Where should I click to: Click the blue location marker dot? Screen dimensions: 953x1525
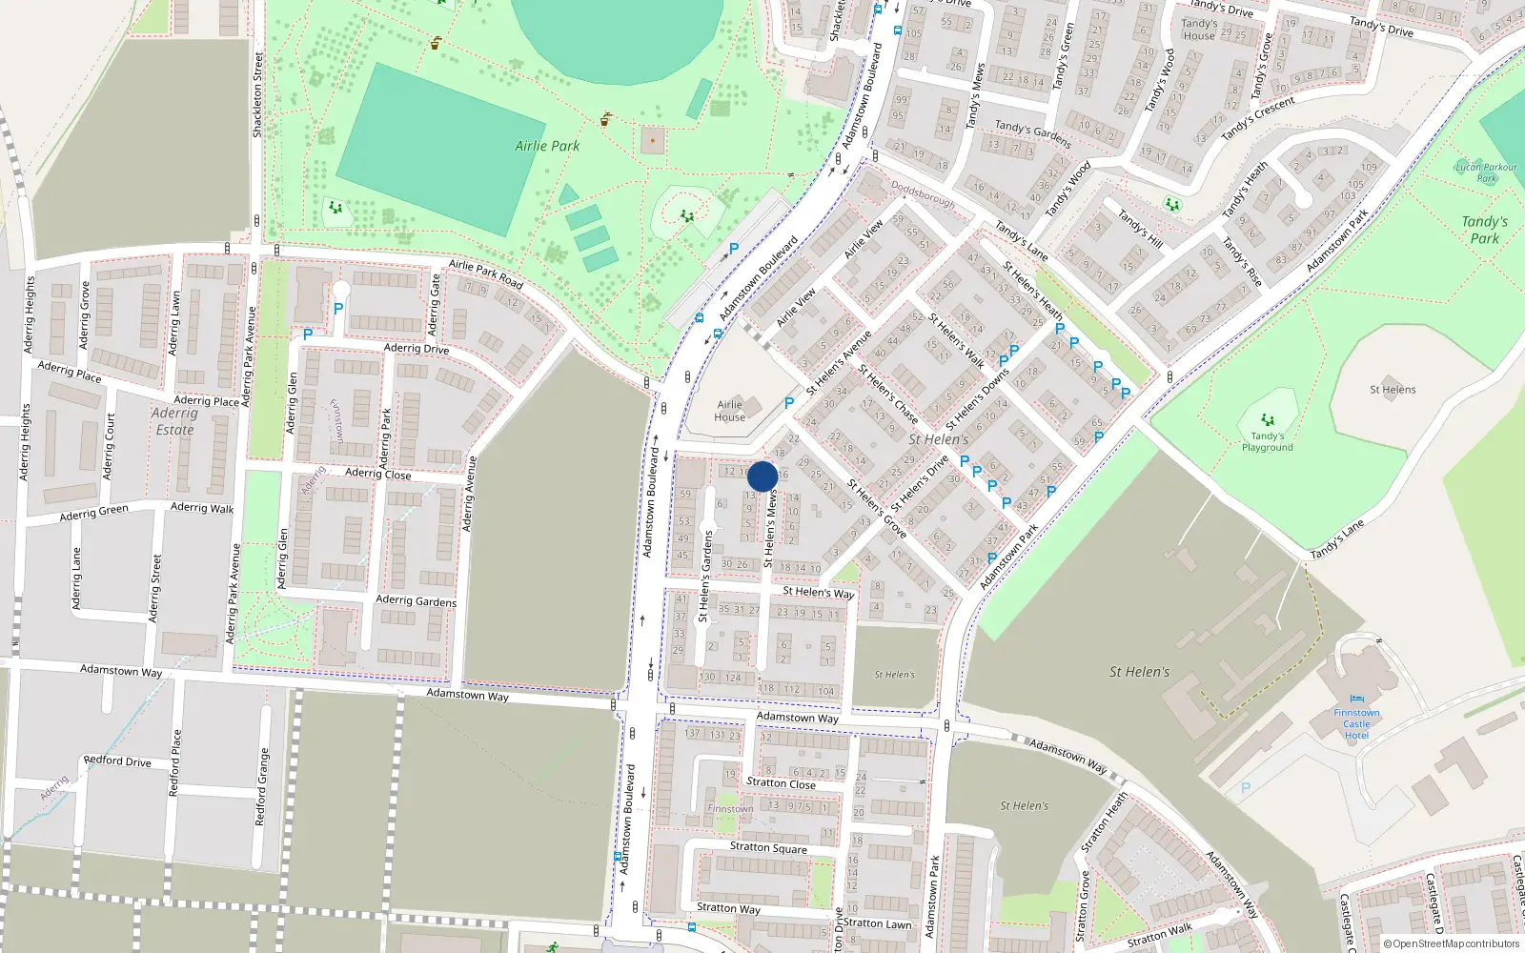coord(762,476)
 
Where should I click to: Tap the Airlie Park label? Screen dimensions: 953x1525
coord(547,146)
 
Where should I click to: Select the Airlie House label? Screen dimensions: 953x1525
coord(730,411)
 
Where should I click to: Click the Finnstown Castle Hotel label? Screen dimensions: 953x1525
coord(1356,724)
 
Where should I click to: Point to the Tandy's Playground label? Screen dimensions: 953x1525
coord(1267,441)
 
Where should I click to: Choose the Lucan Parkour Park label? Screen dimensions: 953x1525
coord(1487,172)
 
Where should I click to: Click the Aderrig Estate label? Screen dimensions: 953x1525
coord(174,421)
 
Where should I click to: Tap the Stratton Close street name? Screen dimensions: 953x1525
coord(781,783)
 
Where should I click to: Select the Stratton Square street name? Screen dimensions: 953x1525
coord(768,847)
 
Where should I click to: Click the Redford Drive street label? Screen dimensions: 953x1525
coord(117,760)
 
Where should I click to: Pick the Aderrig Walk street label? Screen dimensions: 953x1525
coord(202,508)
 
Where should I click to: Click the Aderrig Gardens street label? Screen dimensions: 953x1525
coord(416,600)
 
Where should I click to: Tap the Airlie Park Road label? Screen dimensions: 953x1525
coord(486,274)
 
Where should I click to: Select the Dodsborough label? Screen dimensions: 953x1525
coord(923,195)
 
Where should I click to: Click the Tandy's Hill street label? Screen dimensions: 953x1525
coord(1140,229)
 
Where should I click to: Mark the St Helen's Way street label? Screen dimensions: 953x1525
coord(818,592)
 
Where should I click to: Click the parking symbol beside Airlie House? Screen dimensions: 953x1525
coord(789,404)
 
